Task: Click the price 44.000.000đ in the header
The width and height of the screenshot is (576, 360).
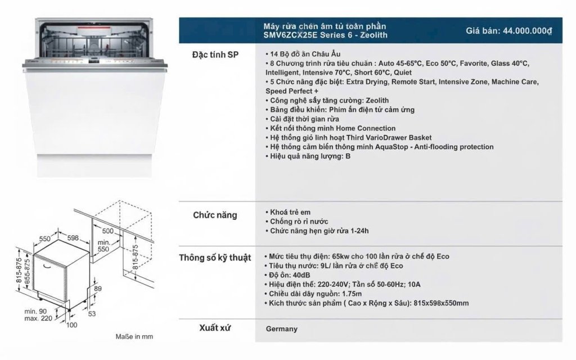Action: [x=528, y=31]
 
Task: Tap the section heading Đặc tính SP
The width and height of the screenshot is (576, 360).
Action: [x=215, y=55]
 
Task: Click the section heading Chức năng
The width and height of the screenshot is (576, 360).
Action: [x=215, y=215]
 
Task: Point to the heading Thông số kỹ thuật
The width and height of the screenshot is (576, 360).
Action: [x=215, y=258]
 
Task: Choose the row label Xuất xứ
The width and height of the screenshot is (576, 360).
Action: [x=215, y=328]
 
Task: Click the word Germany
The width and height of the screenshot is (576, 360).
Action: [x=282, y=328]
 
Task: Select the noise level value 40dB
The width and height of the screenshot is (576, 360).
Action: [x=301, y=275]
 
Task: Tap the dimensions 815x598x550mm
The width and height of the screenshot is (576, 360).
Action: [x=441, y=303]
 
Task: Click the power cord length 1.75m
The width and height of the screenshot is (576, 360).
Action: [x=352, y=294]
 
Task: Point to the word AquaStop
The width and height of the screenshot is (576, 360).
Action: [x=391, y=147]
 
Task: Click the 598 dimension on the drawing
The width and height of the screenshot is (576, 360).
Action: [x=73, y=238]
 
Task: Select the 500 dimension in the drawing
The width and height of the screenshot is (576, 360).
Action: [x=107, y=231]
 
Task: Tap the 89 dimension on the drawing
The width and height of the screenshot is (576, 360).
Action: [x=98, y=289]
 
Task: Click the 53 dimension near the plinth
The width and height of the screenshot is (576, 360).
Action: [x=92, y=313]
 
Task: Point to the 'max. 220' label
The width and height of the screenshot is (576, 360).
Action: [x=39, y=318]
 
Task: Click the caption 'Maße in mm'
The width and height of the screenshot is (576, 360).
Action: [x=134, y=336]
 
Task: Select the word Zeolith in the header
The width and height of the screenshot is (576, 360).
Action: [x=373, y=35]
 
